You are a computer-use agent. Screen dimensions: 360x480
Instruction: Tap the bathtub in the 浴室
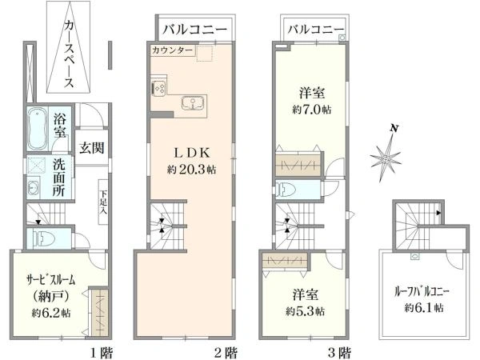coord(38,130)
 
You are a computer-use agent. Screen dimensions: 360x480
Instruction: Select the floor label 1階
coord(100,351)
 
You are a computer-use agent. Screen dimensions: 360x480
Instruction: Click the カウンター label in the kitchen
coord(171,50)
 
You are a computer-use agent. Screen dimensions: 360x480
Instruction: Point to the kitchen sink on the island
coord(193,103)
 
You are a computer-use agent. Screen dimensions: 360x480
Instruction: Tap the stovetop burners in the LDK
coord(157,87)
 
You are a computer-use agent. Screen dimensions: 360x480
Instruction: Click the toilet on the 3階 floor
coord(286,189)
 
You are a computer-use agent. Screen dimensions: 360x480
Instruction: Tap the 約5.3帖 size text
coord(308,310)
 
